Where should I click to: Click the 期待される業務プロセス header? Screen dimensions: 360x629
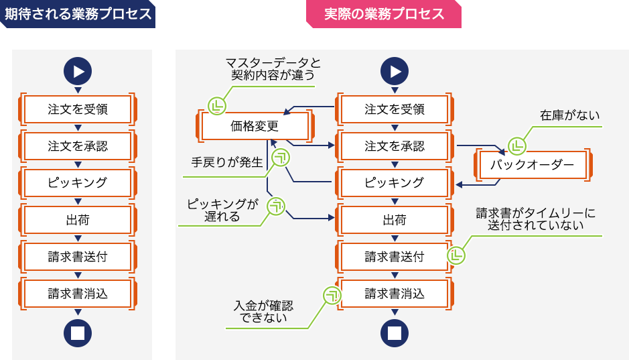click(x=78, y=14)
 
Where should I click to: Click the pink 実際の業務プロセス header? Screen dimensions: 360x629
click(x=384, y=14)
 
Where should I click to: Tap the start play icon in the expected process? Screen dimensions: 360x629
click(x=78, y=71)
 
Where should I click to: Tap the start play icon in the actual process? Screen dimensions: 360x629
click(x=395, y=71)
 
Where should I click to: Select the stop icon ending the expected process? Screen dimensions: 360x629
click(x=78, y=333)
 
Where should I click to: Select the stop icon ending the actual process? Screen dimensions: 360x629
click(x=395, y=333)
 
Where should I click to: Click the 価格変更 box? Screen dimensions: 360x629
click(x=255, y=125)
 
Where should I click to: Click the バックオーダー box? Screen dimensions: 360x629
click(x=533, y=164)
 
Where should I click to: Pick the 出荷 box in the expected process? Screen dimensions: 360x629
click(x=78, y=219)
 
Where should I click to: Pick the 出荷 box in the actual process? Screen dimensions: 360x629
click(x=395, y=219)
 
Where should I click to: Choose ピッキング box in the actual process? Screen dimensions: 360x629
click(x=395, y=182)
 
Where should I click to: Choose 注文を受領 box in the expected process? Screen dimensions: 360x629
click(x=78, y=109)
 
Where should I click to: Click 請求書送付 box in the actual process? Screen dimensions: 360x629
click(x=395, y=256)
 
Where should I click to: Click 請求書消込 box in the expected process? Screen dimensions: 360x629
click(x=78, y=293)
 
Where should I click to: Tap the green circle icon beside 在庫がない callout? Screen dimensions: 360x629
click(x=516, y=145)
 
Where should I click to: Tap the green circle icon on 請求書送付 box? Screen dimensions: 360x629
click(x=456, y=255)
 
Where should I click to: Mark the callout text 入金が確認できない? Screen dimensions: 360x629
click(x=264, y=312)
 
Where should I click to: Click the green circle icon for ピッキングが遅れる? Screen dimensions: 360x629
click(x=276, y=206)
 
